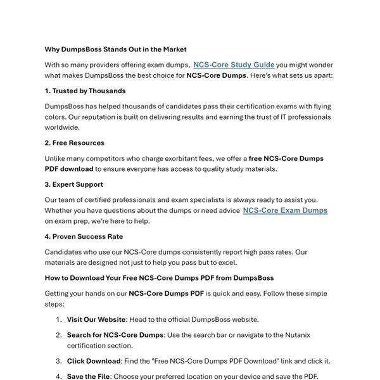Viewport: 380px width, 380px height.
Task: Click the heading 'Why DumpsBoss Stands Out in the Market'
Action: click(115, 49)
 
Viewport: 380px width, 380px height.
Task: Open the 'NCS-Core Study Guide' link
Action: click(234, 65)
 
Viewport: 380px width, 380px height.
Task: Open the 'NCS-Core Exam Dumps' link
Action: click(285, 210)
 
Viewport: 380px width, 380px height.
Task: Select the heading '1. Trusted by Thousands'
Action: click(85, 91)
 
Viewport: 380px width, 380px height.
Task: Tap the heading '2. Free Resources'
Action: click(74, 142)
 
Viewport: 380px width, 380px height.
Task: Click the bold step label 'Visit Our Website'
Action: click(95, 320)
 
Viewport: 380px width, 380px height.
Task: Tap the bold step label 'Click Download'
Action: click(94, 361)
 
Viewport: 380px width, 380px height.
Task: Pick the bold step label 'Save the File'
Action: click(90, 376)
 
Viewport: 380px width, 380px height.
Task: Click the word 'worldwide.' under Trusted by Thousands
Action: click(63, 127)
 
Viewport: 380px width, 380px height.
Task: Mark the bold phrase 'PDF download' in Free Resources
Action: click(68, 169)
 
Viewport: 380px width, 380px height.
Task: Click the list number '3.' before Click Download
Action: click(58, 361)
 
